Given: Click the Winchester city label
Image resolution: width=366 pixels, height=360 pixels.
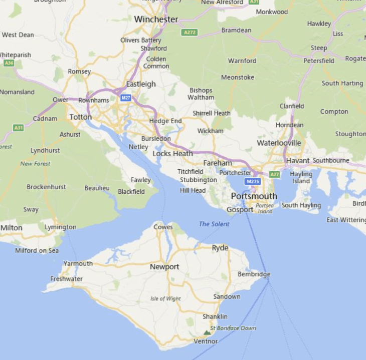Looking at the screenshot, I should (156, 20).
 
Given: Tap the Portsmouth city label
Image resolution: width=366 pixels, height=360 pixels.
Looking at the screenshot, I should (254, 196).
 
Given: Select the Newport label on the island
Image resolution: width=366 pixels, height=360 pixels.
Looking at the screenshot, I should (164, 267).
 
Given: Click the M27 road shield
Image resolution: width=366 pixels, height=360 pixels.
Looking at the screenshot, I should (125, 98).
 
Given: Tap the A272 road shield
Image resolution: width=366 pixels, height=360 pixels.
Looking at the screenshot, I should (190, 33).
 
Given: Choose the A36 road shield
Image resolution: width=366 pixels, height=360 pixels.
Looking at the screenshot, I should (9, 63).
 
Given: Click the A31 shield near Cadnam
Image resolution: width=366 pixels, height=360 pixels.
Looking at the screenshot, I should (18, 128).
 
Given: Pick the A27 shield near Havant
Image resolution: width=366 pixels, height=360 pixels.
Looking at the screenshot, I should (274, 174).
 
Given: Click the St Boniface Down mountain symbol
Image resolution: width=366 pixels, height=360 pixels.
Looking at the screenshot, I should (207, 332).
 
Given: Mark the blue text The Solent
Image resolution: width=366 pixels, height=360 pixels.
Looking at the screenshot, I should (214, 224).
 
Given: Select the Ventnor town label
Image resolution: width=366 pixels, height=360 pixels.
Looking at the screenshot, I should (206, 341).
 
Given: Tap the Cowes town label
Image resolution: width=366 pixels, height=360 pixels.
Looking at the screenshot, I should (163, 227).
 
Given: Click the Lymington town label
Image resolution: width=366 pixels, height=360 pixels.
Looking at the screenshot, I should (60, 227).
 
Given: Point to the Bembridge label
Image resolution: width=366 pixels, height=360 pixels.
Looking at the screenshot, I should (254, 274).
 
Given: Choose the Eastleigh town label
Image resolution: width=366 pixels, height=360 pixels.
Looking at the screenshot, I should (141, 84).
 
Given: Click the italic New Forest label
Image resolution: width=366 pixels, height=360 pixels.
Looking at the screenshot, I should (35, 164).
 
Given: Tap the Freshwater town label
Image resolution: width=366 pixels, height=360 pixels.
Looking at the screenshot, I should (66, 279).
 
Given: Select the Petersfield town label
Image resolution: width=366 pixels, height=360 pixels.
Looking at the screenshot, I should (319, 61).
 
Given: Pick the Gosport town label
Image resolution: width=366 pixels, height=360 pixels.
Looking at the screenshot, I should (240, 210).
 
